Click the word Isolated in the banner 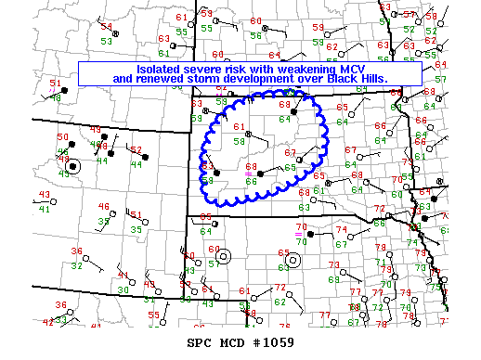tap(161, 69)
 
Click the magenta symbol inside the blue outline tap(248, 174)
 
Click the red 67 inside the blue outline tap(290, 153)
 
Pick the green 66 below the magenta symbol tap(251, 182)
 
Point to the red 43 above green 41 tap(44, 194)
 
